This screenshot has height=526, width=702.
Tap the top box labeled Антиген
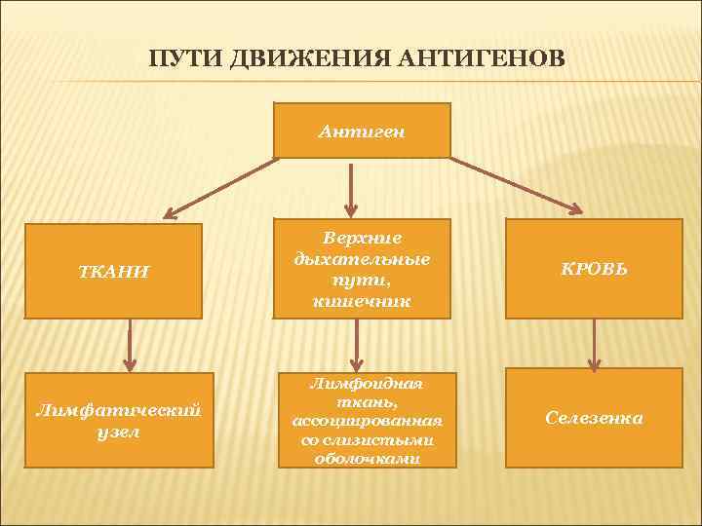click(362, 130)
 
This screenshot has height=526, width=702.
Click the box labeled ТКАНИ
click(113, 271)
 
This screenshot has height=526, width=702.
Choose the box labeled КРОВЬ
click(594, 268)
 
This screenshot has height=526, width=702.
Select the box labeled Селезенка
click(594, 418)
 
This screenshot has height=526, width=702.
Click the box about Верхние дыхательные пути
click(362, 268)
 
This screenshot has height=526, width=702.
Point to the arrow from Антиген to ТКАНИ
click(218, 186)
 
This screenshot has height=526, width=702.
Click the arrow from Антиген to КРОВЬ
click(517, 184)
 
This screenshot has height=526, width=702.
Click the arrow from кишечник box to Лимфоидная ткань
click(357, 344)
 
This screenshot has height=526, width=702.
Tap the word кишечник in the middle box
click(362, 301)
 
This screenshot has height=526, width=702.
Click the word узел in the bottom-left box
click(119, 431)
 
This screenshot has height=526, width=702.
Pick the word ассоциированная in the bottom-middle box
click(368, 420)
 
